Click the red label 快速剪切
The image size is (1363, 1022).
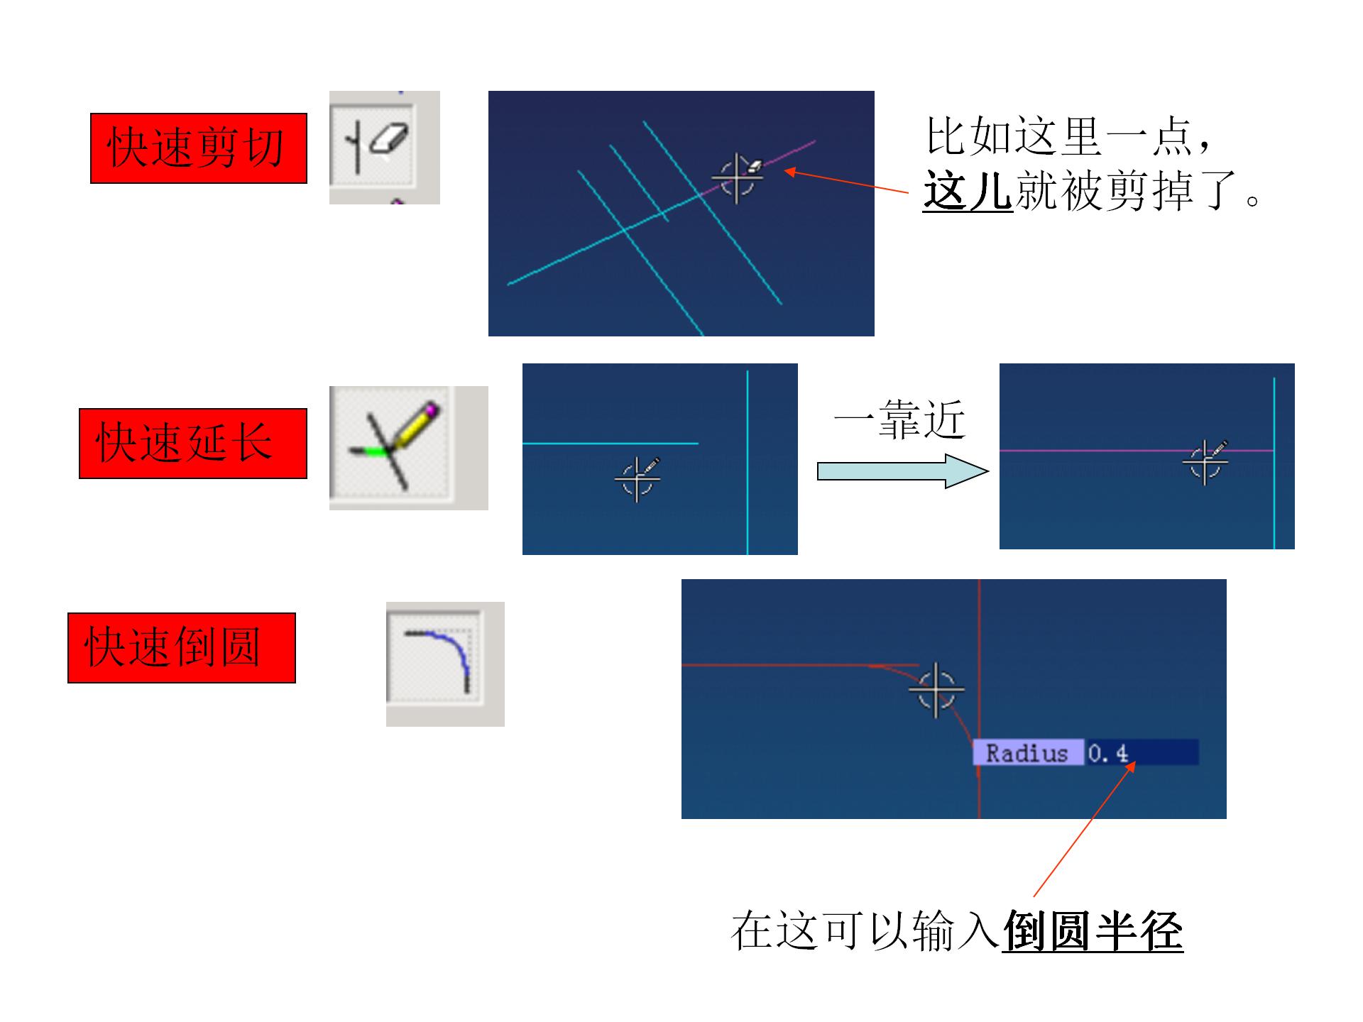[x=198, y=148]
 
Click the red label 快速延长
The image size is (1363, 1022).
[x=192, y=444]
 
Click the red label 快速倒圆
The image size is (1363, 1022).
[x=181, y=648]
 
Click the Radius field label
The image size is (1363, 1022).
[x=1027, y=753]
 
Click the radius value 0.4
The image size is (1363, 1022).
[x=1108, y=753]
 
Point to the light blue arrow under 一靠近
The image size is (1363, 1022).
[x=902, y=471]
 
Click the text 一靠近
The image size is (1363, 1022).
[x=899, y=419]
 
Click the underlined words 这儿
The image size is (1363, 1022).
[x=968, y=191]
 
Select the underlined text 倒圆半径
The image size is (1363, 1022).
[x=1093, y=930]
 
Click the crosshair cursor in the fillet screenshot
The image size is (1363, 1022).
[x=936, y=689]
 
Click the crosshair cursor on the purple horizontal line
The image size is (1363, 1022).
[x=1205, y=462]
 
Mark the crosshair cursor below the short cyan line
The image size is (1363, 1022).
[x=637, y=479]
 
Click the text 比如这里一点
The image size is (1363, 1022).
[x=1058, y=136]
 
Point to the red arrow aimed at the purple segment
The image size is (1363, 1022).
[x=845, y=182]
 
